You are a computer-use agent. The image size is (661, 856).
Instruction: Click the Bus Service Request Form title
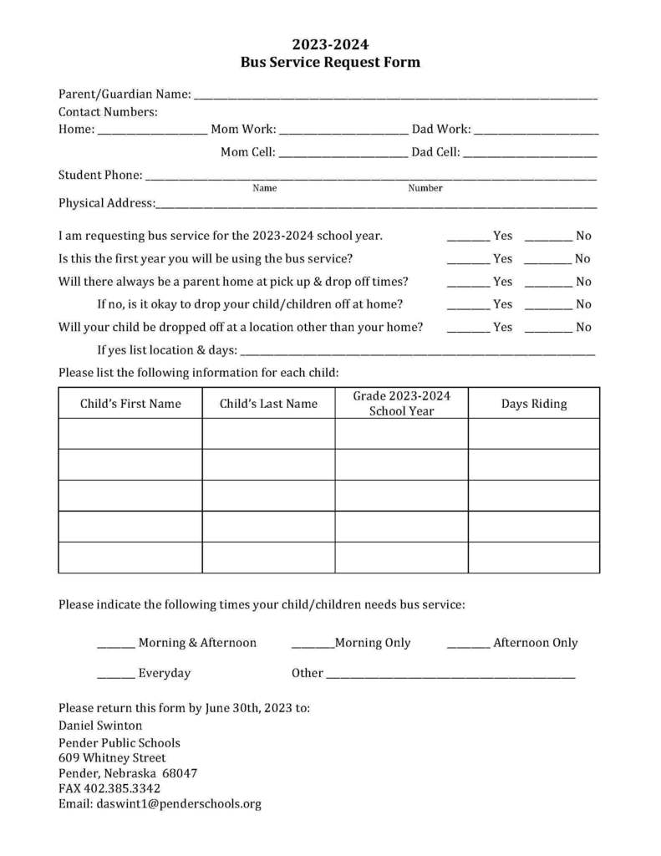click(x=330, y=62)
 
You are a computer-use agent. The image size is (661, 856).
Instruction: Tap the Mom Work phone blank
click(x=343, y=132)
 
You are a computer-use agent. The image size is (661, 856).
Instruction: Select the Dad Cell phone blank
click(x=530, y=155)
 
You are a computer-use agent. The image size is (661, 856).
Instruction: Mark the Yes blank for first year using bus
click(x=468, y=262)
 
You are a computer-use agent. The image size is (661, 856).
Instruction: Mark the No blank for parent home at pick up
click(x=548, y=284)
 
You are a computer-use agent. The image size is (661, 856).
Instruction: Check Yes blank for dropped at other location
click(x=468, y=330)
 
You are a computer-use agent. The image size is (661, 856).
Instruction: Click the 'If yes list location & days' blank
click(x=418, y=354)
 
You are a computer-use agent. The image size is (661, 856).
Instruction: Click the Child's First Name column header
click(x=130, y=404)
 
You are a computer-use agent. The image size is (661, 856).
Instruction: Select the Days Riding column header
click(x=533, y=404)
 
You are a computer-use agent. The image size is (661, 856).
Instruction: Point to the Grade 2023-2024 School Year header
click(x=401, y=403)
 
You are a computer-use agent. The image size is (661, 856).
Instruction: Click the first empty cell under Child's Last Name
click(x=268, y=434)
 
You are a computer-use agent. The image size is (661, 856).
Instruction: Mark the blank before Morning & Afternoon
click(x=116, y=645)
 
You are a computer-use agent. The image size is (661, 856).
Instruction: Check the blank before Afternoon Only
click(x=468, y=645)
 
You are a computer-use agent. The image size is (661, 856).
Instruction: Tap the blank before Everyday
click(x=116, y=675)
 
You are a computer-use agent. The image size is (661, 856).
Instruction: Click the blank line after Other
click(x=450, y=675)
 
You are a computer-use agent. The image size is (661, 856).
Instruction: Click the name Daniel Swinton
click(x=100, y=726)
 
